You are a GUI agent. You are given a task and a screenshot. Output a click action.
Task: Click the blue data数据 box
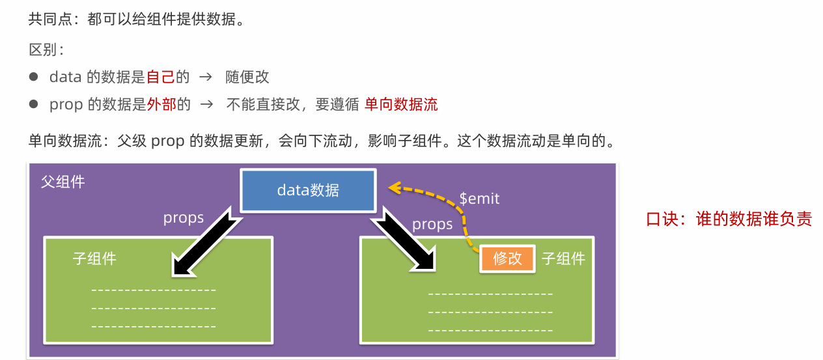(x=308, y=190)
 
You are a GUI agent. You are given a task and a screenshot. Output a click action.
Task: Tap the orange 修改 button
(x=507, y=258)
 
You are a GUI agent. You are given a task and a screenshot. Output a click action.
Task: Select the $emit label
(x=479, y=199)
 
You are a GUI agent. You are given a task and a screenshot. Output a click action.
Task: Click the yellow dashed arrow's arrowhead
(x=393, y=187)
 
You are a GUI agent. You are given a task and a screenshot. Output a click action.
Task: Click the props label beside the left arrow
(x=183, y=218)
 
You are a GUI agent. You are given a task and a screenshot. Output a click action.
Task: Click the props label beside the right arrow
(x=432, y=225)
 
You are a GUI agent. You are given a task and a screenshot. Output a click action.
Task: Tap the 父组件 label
(x=63, y=182)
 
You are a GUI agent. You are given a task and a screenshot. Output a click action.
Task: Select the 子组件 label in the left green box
(x=94, y=258)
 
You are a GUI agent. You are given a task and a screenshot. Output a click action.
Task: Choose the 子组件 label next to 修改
(x=563, y=258)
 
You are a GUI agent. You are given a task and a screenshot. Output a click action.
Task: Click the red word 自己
(x=161, y=77)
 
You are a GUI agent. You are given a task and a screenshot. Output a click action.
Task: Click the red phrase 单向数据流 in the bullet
(x=401, y=104)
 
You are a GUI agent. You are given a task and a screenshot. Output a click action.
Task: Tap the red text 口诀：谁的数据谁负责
(x=729, y=219)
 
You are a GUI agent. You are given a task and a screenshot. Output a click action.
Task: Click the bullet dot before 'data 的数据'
(x=34, y=77)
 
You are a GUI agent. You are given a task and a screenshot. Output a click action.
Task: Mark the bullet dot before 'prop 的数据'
(x=34, y=104)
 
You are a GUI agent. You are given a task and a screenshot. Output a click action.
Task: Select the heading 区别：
(x=46, y=50)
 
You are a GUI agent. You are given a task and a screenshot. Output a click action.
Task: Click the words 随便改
(x=247, y=77)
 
